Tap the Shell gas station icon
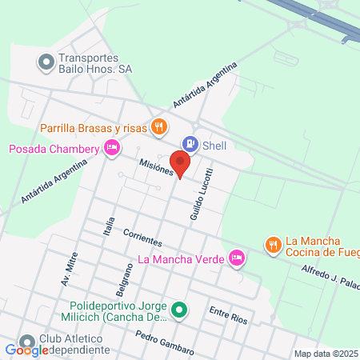(190, 145)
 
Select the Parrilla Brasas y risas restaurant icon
(160, 126)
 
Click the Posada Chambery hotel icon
(112, 147)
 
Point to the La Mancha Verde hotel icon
(236, 258)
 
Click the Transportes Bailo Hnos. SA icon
(46, 61)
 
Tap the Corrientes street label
(143, 238)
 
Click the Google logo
(26, 350)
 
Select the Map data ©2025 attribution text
(325, 354)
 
